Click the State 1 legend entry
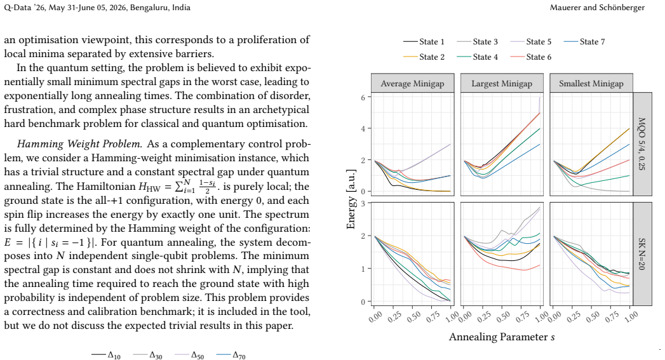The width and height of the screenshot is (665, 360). pos(424,41)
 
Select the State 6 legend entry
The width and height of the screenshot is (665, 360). pos(530,57)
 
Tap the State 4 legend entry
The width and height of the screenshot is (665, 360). pos(477,57)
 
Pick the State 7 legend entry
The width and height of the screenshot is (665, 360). pos(584,41)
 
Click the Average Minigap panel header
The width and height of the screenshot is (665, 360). pos(413,83)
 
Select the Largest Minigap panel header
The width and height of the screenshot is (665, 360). pos(502,83)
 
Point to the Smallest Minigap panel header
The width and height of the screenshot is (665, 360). pos(591,83)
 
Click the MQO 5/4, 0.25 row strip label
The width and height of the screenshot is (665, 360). pos(642,143)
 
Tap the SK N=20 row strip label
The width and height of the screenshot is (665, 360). pos(642,253)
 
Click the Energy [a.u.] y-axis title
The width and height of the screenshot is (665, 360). pos(351,199)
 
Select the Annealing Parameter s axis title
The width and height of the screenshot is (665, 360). pos(502,337)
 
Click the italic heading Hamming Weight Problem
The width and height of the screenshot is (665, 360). pos(79,144)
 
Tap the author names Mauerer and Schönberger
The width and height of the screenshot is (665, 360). pos(597,7)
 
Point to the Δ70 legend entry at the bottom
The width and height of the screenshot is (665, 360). pos(231,355)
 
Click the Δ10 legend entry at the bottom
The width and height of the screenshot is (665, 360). pos(106,355)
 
